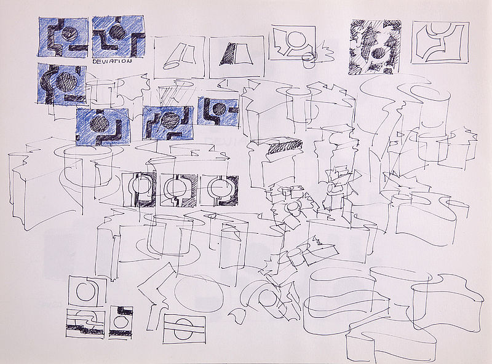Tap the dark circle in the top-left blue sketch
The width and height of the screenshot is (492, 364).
point(68,34)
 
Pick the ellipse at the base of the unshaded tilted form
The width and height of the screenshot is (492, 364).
point(171,66)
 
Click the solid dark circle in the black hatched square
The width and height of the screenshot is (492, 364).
point(379,54)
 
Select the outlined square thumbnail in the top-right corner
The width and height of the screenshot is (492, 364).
point(440,42)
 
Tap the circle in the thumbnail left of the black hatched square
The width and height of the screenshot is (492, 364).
point(296,39)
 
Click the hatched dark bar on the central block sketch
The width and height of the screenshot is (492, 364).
point(285,146)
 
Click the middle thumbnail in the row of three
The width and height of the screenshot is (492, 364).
point(178,190)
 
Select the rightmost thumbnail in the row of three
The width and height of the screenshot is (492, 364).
point(219,191)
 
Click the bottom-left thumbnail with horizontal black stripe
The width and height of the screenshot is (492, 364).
point(85,323)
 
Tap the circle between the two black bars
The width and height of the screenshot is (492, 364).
point(120,322)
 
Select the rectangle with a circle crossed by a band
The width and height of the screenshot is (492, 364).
point(184,328)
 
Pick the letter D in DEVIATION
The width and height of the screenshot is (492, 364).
point(96,61)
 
